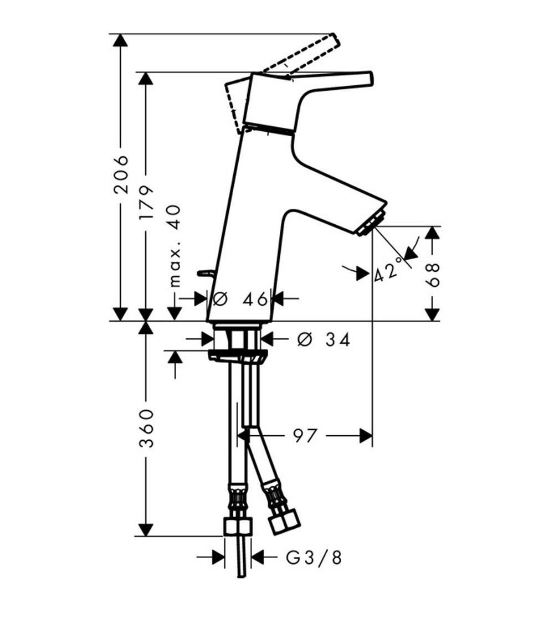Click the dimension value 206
point(121,174)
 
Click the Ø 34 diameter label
point(324,339)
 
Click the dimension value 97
point(304,436)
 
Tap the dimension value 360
point(146,429)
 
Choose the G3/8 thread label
point(314,558)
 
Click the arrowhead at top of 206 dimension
point(120,40)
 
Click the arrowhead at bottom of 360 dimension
point(146,529)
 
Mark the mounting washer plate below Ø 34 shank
point(237,354)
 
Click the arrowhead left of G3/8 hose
point(218,558)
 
